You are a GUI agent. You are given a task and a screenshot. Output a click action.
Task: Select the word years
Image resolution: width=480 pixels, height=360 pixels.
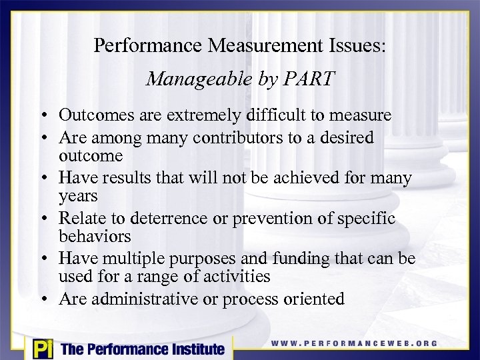78,196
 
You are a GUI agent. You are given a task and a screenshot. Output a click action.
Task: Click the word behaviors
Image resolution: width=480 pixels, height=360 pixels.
91,236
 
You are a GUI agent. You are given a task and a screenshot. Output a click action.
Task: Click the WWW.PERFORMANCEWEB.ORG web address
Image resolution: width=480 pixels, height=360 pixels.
354,343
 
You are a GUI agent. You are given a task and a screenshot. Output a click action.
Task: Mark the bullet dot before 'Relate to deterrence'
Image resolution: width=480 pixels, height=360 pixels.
48,219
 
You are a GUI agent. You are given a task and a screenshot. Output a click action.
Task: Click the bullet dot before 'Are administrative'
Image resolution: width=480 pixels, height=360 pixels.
48,299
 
